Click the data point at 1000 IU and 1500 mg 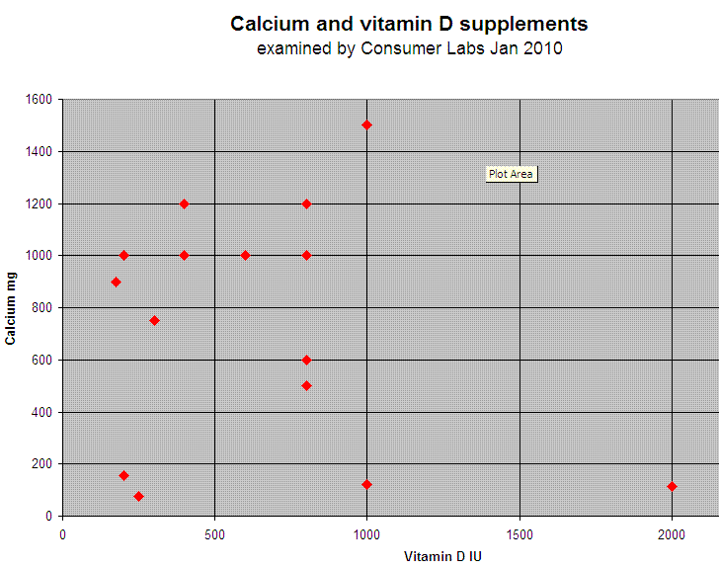(x=366, y=124)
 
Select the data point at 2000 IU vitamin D (x=672, y=486)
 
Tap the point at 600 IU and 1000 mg (x=245, y=255)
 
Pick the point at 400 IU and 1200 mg (x=184, y=203)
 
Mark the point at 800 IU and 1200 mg (x=306, y=203)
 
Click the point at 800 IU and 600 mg (x=306, y=360)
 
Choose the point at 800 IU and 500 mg (x=306, y=385)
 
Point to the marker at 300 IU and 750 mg (x=154, y=320)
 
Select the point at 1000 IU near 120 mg (x=366, y=484)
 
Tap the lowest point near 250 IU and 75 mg (x=138, y=496)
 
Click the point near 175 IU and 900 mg (x=116, y=282)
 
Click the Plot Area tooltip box (x=511, y=174)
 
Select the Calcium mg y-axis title (x=11, y=308)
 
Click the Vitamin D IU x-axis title (x=442, y=556)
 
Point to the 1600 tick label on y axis (x=39, y=100)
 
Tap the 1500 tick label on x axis (x=519, y=534)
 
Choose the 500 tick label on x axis (x=214, y=534)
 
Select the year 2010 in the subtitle (x=542, y=48)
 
